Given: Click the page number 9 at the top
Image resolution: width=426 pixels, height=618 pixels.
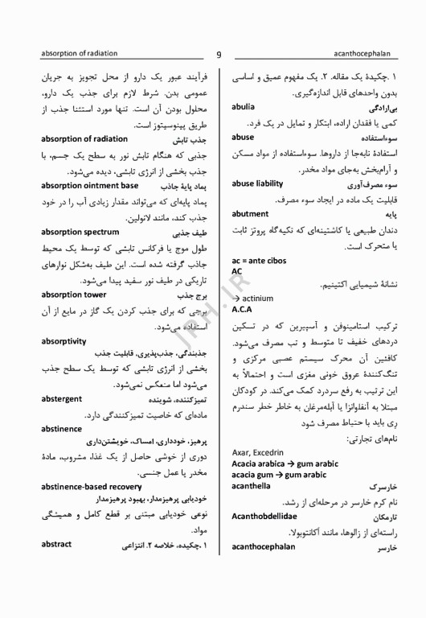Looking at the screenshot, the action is click(219, 54).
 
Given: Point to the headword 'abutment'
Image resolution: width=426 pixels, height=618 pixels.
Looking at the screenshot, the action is click(250, 215).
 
